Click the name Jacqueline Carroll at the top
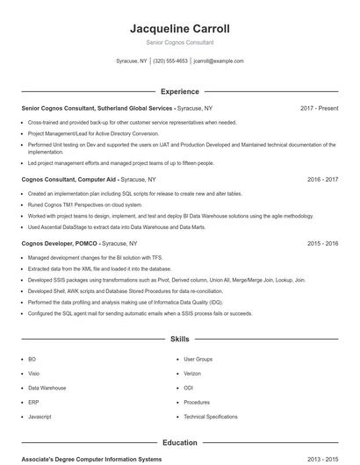(179, 28)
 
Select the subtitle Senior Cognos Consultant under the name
(179, 42)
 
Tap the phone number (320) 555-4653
(170, 61)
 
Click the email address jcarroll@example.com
(219, 61)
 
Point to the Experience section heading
(179, 91)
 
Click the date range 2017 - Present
(319, 108)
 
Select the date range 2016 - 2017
(322, 179)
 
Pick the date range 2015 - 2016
(322, 243)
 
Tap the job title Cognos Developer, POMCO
(59, 243)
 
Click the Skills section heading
(179, 338)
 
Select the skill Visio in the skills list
(33, 373)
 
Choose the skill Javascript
(40, 416)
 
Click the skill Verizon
(193, 373)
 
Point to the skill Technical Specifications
(210, 416)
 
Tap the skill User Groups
(198, 359)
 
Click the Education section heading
(179, 443)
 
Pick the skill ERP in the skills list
(32, 402)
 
